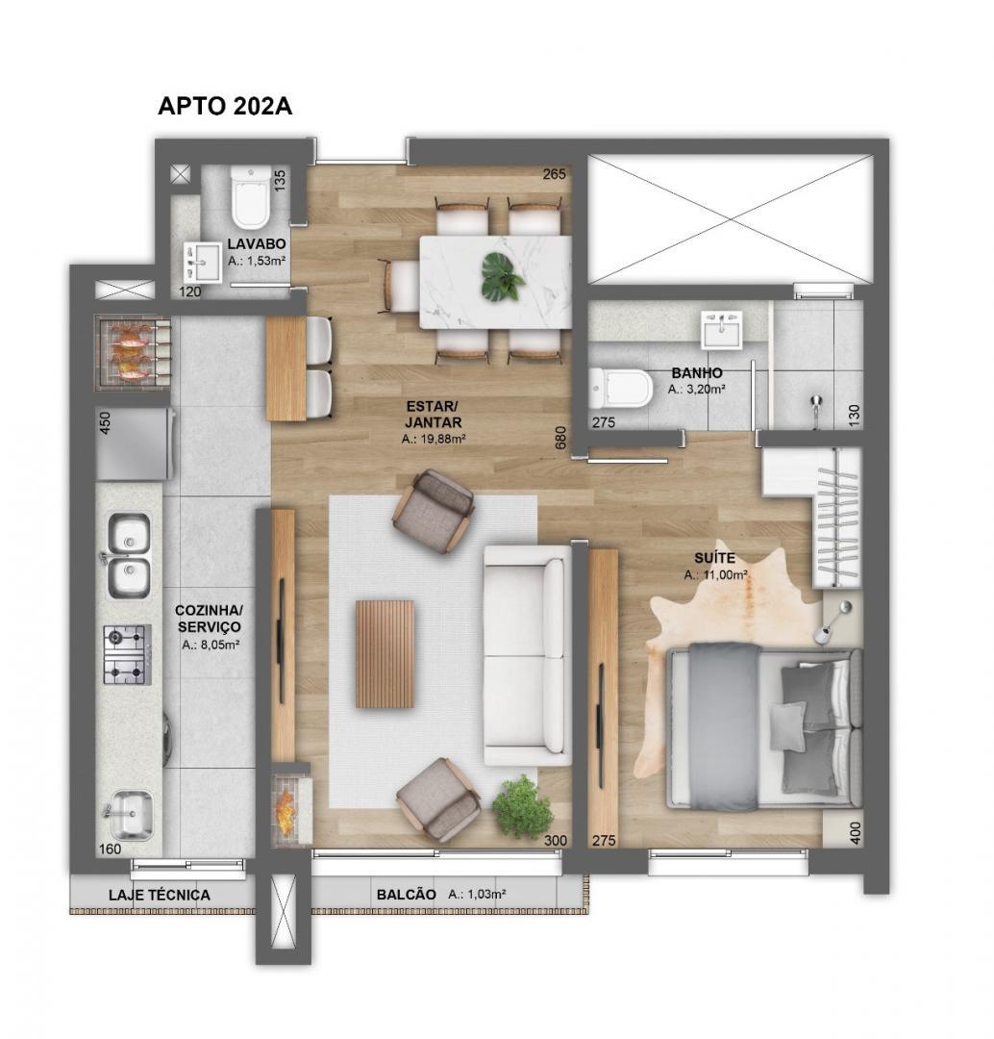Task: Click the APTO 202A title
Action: [225, 107]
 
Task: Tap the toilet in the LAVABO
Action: [251, 197]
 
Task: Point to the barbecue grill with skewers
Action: [133, 352]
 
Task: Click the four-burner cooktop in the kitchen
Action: [127, 654]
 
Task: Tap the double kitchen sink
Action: [128, 555]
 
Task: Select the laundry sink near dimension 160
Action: [129, 815]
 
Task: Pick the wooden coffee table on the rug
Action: [385, 653]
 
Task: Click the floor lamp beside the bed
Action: [832, 621]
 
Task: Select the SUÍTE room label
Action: [715, 558]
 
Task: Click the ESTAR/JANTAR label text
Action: [434, 414]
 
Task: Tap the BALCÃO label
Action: [406, 895]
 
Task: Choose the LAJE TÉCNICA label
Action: [159, 895]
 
